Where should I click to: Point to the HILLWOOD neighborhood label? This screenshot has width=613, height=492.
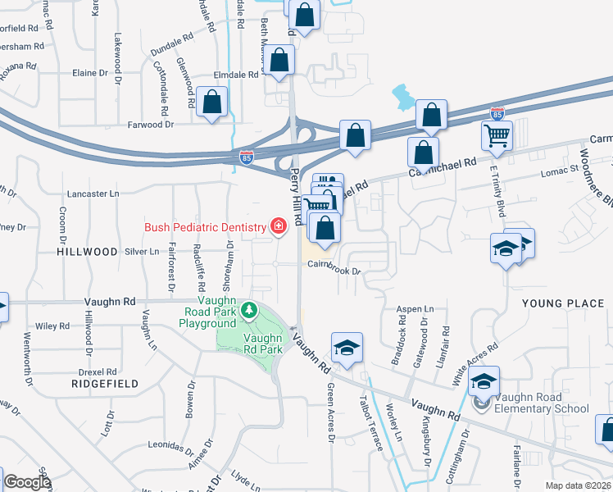[88, 253]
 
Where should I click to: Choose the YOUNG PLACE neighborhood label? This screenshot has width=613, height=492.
[562, 303]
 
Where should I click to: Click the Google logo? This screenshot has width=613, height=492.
[27, 483]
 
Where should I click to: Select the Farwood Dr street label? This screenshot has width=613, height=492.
[152, 125]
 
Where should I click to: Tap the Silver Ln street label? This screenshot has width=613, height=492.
[143, 252]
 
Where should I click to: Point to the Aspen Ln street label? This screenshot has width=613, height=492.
[415, 309]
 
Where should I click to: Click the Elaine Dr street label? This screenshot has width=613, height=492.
[91, 72]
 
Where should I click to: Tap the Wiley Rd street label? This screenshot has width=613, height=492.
[52, 326]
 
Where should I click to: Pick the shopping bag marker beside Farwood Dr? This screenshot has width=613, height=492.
[212, 102]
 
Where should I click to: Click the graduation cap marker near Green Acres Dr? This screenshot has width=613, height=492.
[347, 347]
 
